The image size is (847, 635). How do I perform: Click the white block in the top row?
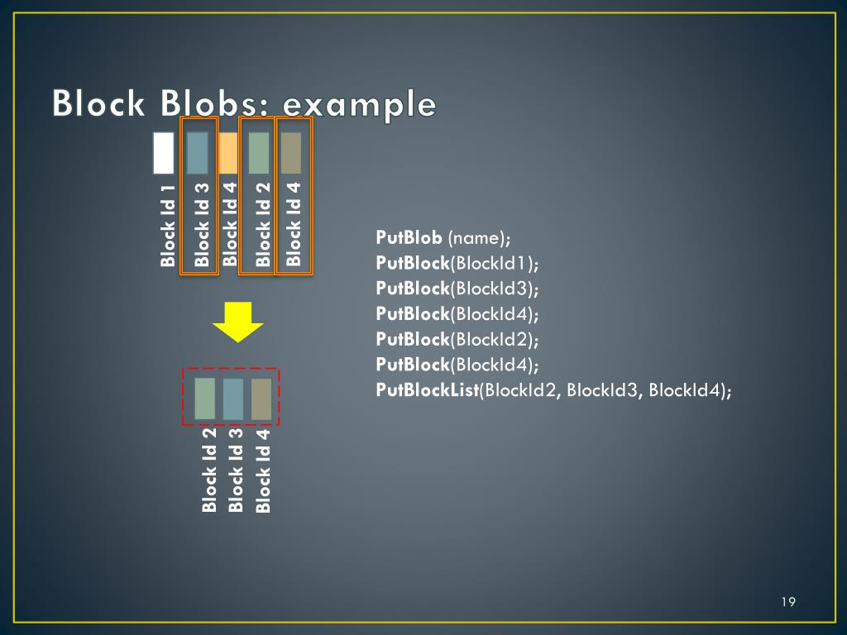pyautogui.click(x=164, y=153)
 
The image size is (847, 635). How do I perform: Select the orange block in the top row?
pyautogui.click(x=228, y=153)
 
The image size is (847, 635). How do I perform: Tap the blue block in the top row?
pyautogui.click(x=198, y=153)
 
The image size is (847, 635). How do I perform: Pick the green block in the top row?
pyautogui.click(x=259, y=153)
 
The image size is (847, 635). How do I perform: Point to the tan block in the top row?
pyautogui.click(x=291, y=153)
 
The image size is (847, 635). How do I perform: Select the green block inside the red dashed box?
pyautogui.click(x=204, y=399)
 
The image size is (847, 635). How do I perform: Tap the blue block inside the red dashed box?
pyautogui.click(x=233, y=399)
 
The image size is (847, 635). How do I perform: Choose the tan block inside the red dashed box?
pyautogui.click(x=261, y=399)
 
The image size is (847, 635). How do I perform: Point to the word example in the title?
pyautogui.click(x=359, y=105)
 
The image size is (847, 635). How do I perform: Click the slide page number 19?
pyautogui.click(x=787, y=602)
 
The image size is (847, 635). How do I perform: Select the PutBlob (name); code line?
pyautogui.click(x=443, y=238)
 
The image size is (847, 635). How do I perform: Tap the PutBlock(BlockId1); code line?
pyautogui.click(x=457, y=264)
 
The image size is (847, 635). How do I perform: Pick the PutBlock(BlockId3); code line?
pyautogui.click(x=457, y=289)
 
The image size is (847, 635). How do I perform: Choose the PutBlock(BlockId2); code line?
pyautogui.click(x=457, y=340)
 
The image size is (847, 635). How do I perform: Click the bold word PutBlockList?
pyautogui.click(x=427, y=390)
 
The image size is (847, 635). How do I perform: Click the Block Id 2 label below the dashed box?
pyautogui.click(x=209, y=470)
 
